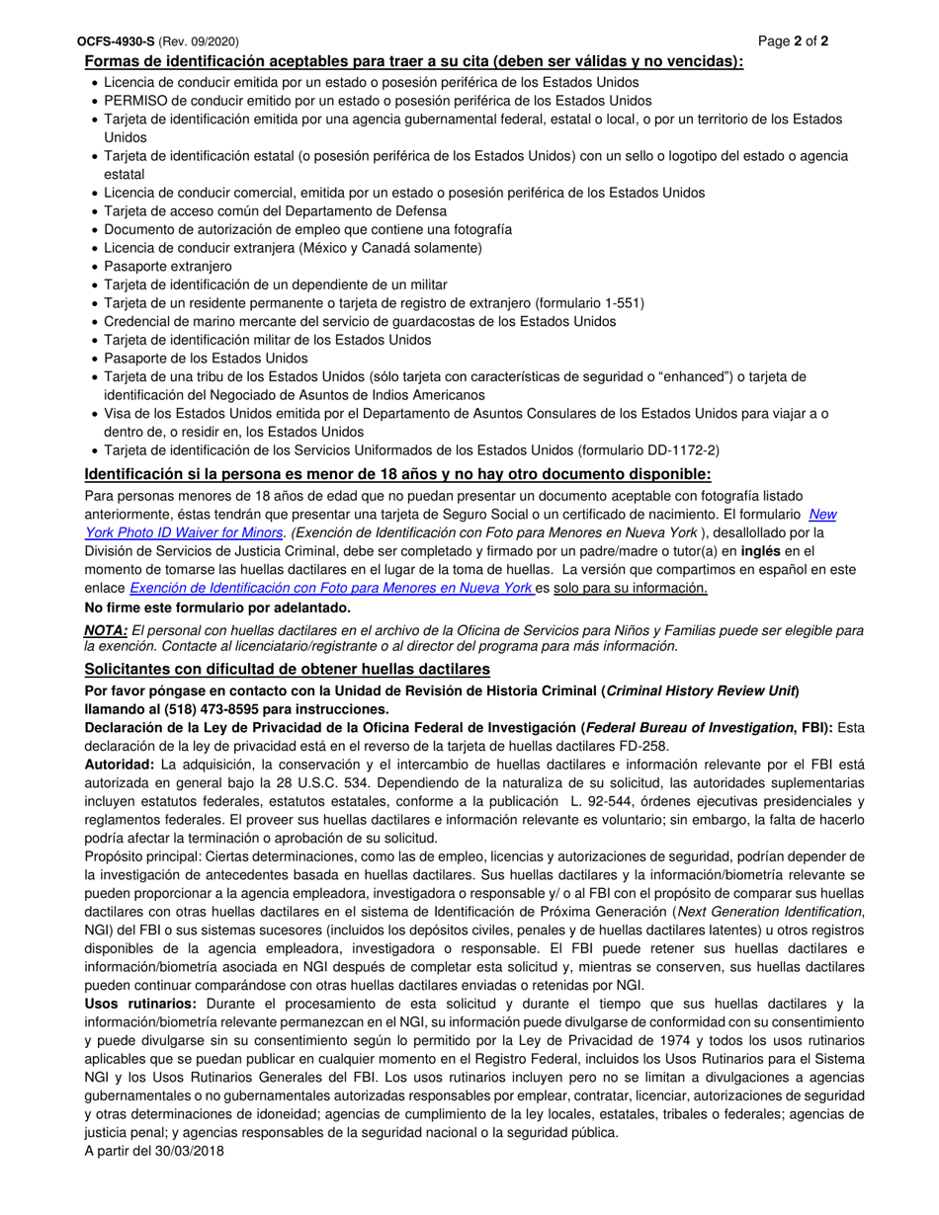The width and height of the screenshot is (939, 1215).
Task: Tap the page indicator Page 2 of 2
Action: point(793,41)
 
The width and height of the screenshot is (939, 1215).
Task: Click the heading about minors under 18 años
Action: point(397,474)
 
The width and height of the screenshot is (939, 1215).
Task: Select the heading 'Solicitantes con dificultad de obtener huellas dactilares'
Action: point(287,670)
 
